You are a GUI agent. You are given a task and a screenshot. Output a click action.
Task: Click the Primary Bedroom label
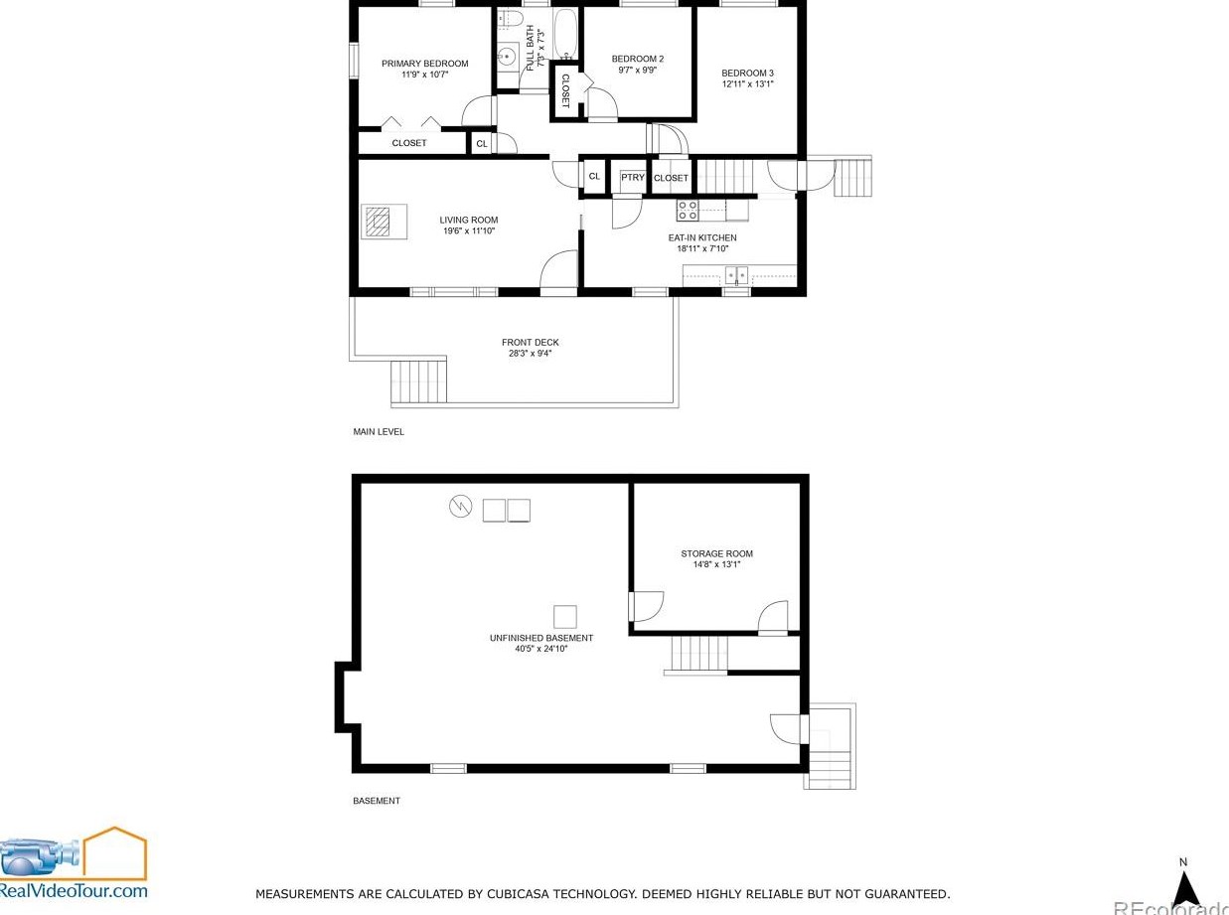coord(424,64)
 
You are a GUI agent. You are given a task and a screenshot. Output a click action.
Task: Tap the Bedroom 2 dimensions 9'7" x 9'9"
coord(637,71)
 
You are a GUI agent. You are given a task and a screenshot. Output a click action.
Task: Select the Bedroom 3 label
coord(747,74)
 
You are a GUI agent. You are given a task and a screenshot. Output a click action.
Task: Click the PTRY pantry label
coord(632,178)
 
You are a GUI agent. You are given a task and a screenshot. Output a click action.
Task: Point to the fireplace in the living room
coord(384,222)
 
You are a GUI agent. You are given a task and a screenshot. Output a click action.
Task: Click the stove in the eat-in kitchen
coord(688,211)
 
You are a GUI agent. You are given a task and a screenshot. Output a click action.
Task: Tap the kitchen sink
coord(736,275)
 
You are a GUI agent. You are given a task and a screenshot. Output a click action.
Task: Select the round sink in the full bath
coord(506,56)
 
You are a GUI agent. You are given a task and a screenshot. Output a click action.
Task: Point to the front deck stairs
coord(418,381)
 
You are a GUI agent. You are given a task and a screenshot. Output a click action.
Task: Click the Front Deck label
coord(531,343)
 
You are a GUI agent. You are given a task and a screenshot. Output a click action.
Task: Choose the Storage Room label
coord(716,553)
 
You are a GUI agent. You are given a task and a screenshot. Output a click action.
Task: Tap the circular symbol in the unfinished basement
coord(460,506)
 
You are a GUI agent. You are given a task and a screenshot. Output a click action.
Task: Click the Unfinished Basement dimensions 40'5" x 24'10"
coord(541,649)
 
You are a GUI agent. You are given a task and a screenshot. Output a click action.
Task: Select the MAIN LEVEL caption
coord(379,432)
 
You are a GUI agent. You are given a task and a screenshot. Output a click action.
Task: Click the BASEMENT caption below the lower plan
coord(377,801)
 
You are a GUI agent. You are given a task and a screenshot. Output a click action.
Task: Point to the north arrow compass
coord(1184,890)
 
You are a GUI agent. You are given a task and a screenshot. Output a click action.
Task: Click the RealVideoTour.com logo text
coord(74,891)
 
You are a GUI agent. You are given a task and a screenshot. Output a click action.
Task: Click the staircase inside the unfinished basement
coord(699,653)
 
